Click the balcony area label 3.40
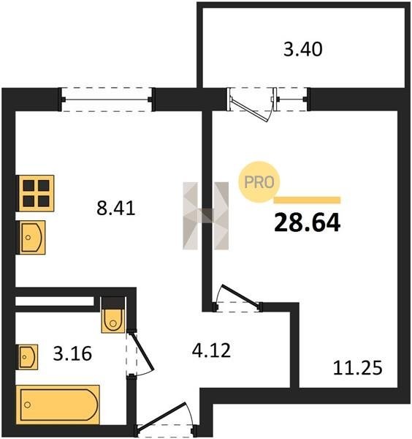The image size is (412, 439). click(303, 50)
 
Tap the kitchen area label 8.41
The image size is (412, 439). click(116, 209)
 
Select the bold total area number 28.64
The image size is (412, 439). click(308, 223)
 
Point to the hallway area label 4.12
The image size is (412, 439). click(211, 350)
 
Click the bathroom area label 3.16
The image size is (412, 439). click(72, 353)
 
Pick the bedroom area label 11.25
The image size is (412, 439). click(357, 368)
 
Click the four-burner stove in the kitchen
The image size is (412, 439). click(36, 193)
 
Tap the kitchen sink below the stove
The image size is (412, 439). click(32, 237)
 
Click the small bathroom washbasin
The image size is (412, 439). click(28, 357)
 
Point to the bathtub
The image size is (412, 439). click(58, 405)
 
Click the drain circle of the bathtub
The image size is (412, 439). click(27, 405)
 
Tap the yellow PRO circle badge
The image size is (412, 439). click(259, 182)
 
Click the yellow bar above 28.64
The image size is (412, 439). click(308, 200)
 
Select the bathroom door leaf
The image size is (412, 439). click(142, 351)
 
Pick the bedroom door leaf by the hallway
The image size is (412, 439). click(240, 296)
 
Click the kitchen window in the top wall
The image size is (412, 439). click(107, 100)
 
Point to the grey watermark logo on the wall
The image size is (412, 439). click(206, 216)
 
